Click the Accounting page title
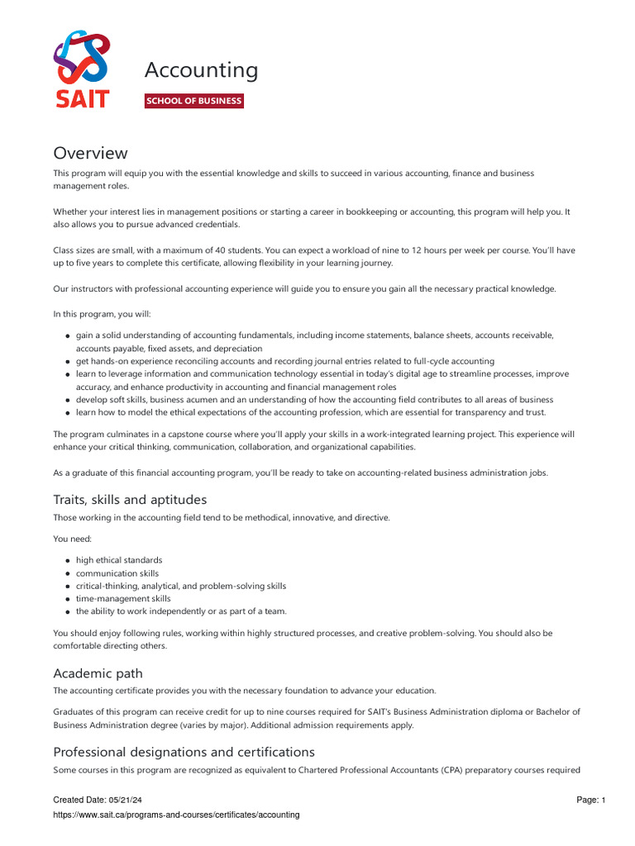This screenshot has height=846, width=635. coord(201,71)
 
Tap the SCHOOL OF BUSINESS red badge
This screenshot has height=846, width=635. coord(194,101)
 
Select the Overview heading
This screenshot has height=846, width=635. coord(91,153)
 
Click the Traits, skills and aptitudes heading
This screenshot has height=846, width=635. coord(130,499)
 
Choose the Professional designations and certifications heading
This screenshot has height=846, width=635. coord(184,752)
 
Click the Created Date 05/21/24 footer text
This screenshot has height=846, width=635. coord(93,800)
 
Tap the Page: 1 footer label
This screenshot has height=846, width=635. coord(590,800)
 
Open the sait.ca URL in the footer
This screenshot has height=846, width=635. coord(176,815)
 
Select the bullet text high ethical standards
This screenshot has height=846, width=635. coord(119,560)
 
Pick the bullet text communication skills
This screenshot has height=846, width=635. coord(117,573)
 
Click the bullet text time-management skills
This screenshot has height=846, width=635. coord(123,599)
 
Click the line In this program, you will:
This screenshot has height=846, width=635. coord(103,314)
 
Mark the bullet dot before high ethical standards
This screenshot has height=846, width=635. coord(67,560)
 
